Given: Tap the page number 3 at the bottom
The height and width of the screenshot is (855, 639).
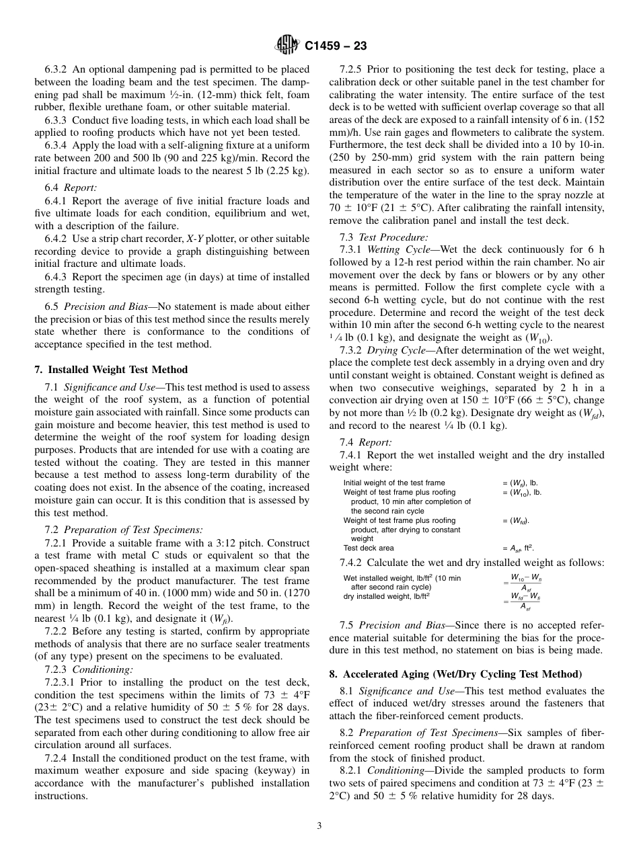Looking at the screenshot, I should point(319,826).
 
